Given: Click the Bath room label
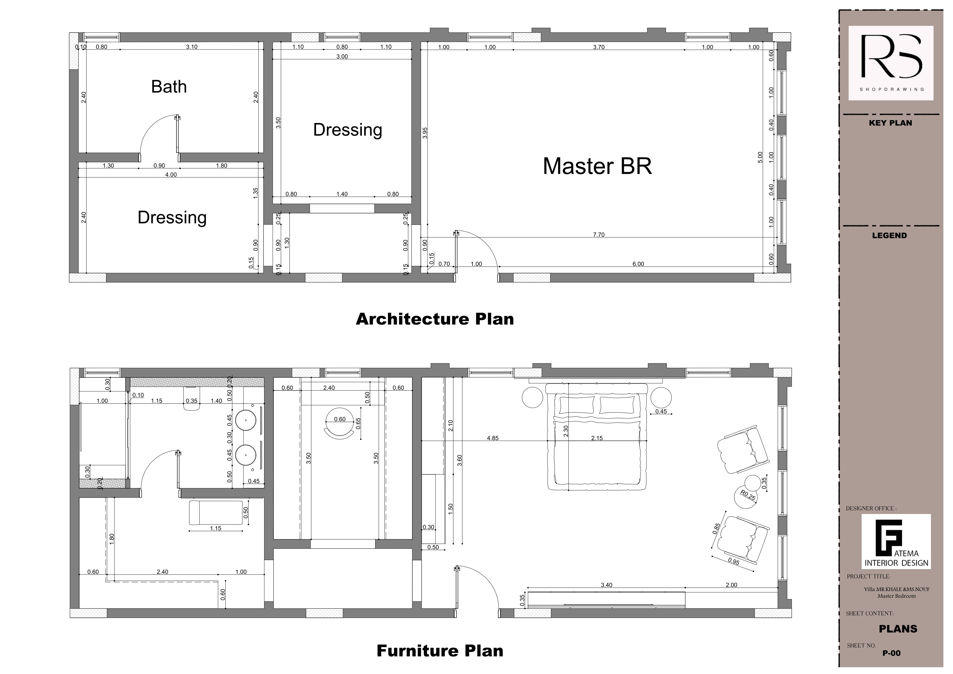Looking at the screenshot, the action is click(x=169, y=87).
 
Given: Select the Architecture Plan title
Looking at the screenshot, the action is click(x=435, y=319).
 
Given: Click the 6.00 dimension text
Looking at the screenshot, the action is click(x=638, y=264).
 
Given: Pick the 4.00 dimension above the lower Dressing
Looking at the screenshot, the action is click(x=171, y=175).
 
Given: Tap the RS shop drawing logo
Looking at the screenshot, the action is click(x=891, y=63).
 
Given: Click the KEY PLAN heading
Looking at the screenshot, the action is click(x=891, y=123).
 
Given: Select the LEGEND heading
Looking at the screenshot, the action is click(x=889, y=235).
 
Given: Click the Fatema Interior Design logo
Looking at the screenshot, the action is click(x=896, y=541).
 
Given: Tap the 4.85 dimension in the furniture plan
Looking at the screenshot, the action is click(x=493, y=438).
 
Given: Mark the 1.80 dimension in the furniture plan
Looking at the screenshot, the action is click(x=111, y=539).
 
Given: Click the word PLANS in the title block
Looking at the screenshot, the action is click(x=898, y=629).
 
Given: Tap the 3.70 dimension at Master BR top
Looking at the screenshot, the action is click(x=599, y=47).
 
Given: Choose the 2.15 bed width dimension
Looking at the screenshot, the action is click(x=597, y=438).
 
